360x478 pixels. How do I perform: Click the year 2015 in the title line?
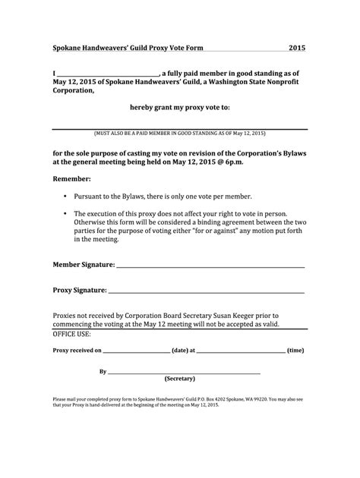[296, 48]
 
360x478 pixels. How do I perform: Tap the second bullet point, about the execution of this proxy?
[182, 226]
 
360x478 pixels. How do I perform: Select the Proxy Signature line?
[206, 291]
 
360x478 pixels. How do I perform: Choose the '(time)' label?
[295, 351]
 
